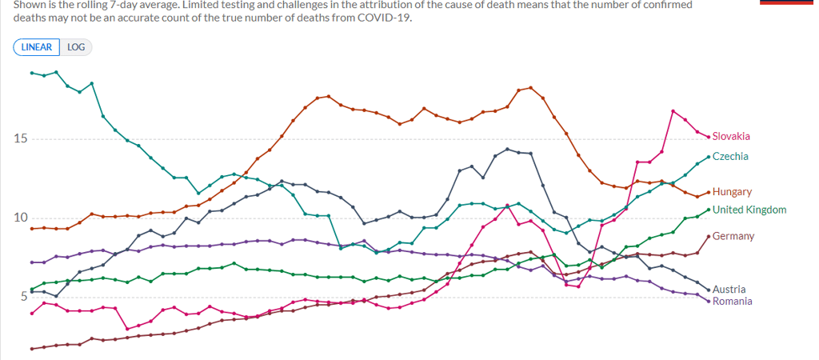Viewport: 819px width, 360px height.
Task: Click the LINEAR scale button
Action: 36,47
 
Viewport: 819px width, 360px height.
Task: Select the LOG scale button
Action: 76,47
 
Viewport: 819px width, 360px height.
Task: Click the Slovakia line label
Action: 731,137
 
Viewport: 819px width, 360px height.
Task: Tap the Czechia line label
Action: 730,156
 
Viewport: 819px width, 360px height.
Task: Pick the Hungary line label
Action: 732,192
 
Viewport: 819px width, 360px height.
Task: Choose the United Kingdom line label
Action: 749,210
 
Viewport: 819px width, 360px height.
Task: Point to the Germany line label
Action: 733,236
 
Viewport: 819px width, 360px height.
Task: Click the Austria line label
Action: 729,289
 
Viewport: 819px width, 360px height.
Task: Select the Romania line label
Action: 732,301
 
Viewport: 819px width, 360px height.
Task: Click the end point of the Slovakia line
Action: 709,137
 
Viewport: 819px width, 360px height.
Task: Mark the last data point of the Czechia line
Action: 709,156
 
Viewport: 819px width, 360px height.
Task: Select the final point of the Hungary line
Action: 709,192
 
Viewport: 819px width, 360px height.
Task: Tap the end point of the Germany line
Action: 709,236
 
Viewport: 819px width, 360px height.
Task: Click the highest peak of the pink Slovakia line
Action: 673,110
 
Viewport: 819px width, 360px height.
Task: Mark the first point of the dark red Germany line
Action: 32,349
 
